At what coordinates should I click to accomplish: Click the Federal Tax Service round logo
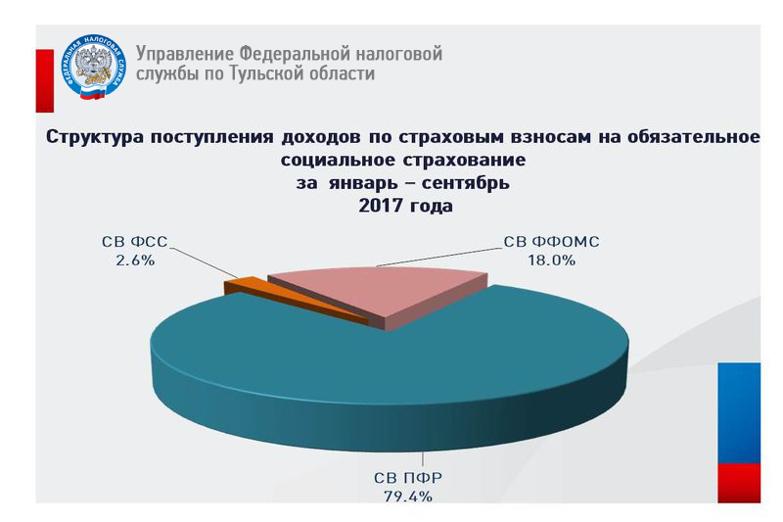pos(93,68)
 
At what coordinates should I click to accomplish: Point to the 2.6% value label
pos(135,261)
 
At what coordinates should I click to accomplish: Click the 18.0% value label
pos(552,261)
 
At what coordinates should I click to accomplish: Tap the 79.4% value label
pos(408,497)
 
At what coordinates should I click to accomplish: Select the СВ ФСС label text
pos(135,242)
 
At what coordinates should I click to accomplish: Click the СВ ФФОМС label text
pos(551,242)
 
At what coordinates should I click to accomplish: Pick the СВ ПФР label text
pos(408,478)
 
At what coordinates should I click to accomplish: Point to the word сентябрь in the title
pos(466,183)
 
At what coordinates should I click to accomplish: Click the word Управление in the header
pos(185,54)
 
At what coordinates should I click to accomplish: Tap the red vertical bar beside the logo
pos(44,81)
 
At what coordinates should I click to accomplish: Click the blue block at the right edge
pos(739,413)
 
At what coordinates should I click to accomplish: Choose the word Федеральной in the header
pos(292,53)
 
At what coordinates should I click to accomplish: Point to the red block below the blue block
pos(739,483)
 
